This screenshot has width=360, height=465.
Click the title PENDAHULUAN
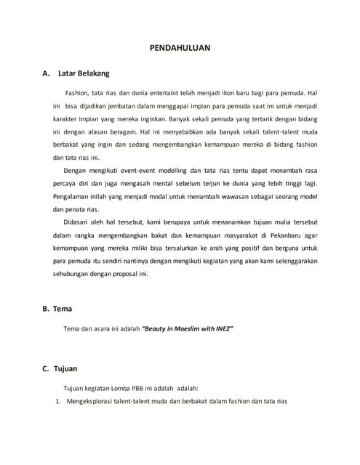tap(180, 46)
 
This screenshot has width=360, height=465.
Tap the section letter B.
tap(47, 308)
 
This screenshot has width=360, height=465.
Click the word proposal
tap(128, 275)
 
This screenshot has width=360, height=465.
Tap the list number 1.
tap(58, 400)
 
